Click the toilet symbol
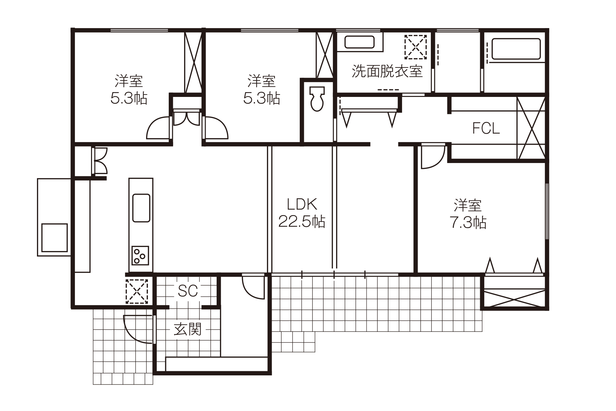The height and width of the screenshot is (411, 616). coord(317,99)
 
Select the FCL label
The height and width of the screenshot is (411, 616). coord(486,128)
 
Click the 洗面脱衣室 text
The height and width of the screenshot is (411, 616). coord(387,71)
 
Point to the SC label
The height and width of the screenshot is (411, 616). coord(188,291)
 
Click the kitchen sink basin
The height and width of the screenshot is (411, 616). coord(141,208)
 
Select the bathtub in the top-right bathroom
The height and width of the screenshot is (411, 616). coord(516,49)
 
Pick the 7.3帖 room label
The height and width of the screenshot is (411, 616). coord(468,214)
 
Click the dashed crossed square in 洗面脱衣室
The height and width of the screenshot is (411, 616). coord(415,47)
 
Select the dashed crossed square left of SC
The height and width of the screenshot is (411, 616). coord(137,291)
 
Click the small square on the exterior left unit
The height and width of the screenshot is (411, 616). coord(54,238)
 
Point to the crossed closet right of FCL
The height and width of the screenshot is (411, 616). coord(530,128)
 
